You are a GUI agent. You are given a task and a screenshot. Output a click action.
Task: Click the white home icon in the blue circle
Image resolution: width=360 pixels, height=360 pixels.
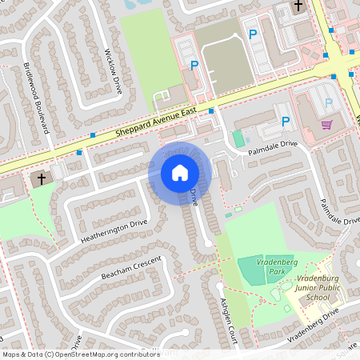pyautogui.click(x=180, y=172)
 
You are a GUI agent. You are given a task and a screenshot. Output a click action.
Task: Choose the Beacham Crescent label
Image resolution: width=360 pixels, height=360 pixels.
pyautogui.click(x=131, y=267)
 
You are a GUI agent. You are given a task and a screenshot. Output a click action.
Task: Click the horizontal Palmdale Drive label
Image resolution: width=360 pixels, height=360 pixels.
pyautogui.click(x=271, y=145)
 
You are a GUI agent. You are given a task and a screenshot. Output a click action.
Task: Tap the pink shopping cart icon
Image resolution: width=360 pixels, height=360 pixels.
pyautogui.click(x=326, y=124)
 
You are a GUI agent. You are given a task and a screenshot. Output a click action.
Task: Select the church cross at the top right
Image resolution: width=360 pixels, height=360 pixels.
pyautogui.click(x=298, y=6)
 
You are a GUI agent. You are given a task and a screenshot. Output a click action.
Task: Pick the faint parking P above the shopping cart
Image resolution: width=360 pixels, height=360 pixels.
pyautogui.click(x=328, y=102)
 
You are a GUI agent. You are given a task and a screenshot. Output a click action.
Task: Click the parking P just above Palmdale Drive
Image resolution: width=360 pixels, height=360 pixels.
pyautogui.click(x=286, y=122)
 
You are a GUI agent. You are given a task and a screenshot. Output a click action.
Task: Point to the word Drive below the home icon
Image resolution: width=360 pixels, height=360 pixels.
pyautogui.click(x=194, y=197)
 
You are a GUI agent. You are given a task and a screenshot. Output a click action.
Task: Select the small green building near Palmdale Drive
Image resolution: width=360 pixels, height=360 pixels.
pyautogui.click(x=238, y=138)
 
